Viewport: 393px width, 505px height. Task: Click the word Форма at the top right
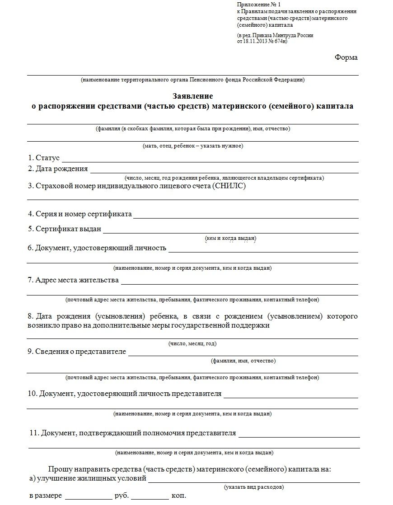pyautogui.click(x=346, y=57)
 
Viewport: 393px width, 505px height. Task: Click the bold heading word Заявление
pyautogui.click(x=192, y=96)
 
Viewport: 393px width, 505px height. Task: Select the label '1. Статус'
pyautogui.click(x=44, y=158)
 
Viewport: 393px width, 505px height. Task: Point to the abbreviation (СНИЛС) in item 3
pyautogui.click(x=229, y=186)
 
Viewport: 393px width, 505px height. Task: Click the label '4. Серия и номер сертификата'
pyautogui.click(x=80, y=214)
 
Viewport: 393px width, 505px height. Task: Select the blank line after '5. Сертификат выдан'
pyautogui.click(x=230, y=231)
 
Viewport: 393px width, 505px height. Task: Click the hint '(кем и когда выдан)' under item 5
pyautogui.click(x=230, y=238)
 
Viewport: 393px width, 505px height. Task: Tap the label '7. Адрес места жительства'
pyautogui.click(x=73, y=280)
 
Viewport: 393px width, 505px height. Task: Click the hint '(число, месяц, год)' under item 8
pyautogui.click(x=192, y=344)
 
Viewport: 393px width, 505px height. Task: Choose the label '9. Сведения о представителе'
pyautogui.click(x=77, y=352)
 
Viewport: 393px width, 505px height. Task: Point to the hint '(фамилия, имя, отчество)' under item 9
pyautogui.click(x=243, y=361)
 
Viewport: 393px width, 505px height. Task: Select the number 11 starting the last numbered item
pyautogui.click(x=33, y=433)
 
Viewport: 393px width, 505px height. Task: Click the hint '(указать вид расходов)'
pyautogui.click(x=254, y=487)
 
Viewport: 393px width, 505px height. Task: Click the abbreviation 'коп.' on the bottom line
pyautogui.click(x=178, y=496)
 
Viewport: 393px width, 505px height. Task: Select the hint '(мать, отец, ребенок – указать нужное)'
pyautogui.click(x=192, y=146)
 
